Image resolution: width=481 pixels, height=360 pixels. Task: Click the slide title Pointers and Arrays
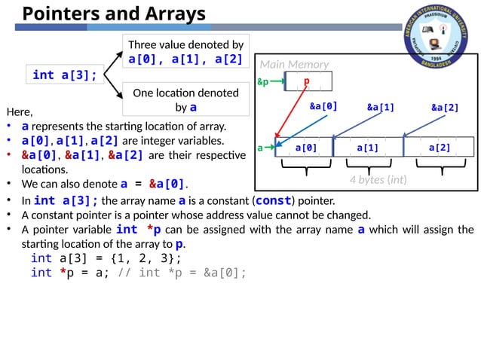(x=113, y=14)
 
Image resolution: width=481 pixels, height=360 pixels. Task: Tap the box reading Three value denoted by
(x=185, y=51)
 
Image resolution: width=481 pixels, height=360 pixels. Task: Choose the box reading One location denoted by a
(x=185, y=100)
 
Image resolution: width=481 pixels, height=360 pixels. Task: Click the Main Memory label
(x=293, y=64)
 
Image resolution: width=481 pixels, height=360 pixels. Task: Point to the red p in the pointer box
(x=307, y=81)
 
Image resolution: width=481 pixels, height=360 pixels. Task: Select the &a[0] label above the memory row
(x=323, y=106)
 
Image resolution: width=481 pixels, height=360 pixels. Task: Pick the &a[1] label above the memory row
(x=381, y=107)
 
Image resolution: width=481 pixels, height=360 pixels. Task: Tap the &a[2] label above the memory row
(x=445, y=107)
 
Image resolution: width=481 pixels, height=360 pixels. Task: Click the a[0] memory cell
(x=305, y=148)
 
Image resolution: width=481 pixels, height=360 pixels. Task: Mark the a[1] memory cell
(x=367, y=148)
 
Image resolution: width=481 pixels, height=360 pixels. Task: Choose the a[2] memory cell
(x=439, y=148)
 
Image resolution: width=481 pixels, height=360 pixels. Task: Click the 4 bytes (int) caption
(x=378, y=180)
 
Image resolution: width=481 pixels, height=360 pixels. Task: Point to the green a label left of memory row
(x=261, y=148)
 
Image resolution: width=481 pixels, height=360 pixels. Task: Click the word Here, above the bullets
(x=19, y=112)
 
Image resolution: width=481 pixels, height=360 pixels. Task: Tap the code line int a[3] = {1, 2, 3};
(x=106, y=258)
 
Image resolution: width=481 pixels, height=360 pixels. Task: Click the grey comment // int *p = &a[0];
(x=182, y=272)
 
